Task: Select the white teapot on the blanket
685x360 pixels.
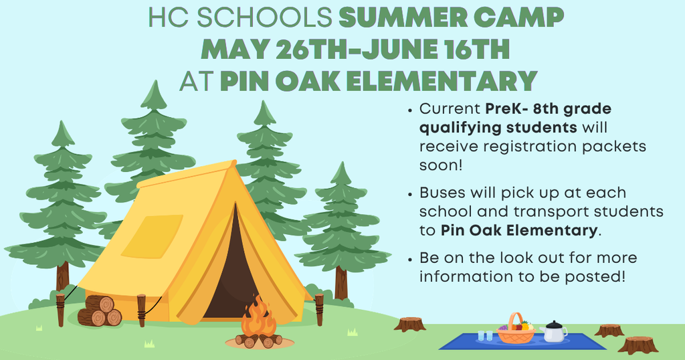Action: click(554, 331)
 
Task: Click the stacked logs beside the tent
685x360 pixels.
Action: click(100, 311)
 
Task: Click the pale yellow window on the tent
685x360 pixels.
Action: click(152, 236)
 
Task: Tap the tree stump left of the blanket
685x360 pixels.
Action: click(409, 324)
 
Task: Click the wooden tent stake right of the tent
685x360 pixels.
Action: click(319, 309)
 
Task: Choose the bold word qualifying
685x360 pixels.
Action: click(455, 127)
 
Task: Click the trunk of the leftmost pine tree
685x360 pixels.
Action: click(63, 274)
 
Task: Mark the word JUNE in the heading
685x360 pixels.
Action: click(405, 50)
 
